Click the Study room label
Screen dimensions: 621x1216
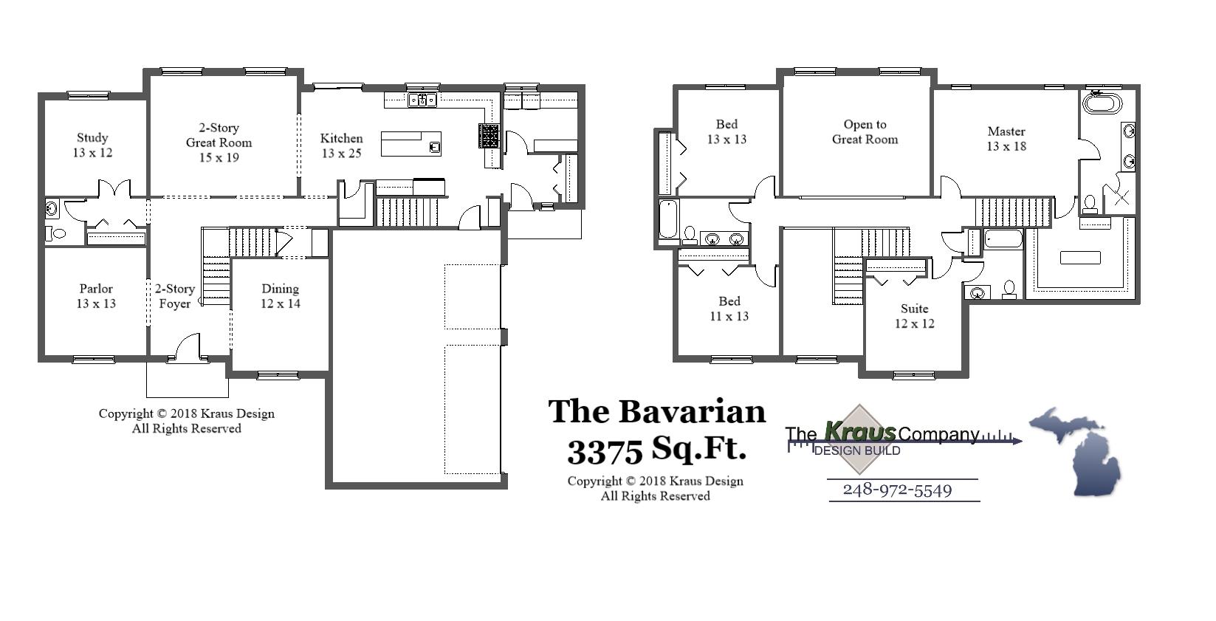point(92,145)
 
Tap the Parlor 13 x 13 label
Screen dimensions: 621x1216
point(96,296)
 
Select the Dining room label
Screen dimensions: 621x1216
point(281,296)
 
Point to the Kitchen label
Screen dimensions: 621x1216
point(341,145)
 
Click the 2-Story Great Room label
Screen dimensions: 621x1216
point(219,143)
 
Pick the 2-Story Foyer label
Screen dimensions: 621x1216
point(175,296)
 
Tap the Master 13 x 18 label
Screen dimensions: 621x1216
point(1006,139)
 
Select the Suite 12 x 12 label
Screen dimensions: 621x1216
point(915,316)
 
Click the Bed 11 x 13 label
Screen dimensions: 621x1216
point(729,309)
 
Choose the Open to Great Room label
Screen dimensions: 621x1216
point(865,132)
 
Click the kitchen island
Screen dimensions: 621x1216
point(411,143)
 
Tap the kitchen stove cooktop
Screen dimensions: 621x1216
point(489,136)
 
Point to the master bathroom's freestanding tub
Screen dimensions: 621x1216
point(1102,103)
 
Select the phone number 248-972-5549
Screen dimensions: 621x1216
point(897,490)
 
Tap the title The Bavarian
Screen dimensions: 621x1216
point(656,412)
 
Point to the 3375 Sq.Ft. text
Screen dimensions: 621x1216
point(656,449)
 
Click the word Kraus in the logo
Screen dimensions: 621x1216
point(860,431)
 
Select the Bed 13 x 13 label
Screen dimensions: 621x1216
point(726,131)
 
